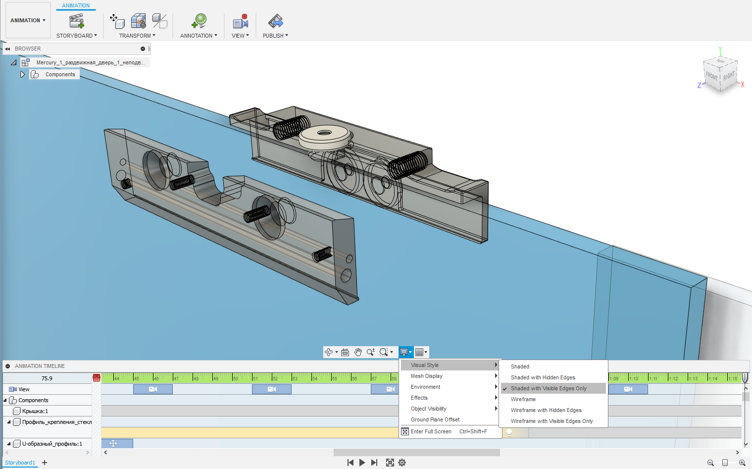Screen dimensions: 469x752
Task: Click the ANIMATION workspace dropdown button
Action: [x=28, y=20]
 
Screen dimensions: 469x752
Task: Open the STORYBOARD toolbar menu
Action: [x=76, y=36]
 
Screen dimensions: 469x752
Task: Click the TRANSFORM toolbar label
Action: [x=137, y=36]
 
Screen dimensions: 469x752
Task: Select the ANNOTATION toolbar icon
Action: [x=199, y=21]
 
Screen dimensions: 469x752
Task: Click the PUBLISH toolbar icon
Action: [x=275, y=21]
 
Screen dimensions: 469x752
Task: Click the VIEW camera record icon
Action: [x=240, y=21]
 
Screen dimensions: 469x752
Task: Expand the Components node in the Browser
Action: [x=22, y=74]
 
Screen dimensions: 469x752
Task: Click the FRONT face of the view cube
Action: [x=711, y=76]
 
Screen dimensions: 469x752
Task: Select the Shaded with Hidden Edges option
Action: [x=543, y=377]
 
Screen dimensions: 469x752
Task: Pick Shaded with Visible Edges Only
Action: [x=548, y=388]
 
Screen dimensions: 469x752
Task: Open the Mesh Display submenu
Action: [x=426, y=376]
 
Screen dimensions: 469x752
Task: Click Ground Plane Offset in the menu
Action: [x=435, y=419]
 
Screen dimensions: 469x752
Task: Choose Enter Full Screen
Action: [x=431, y=431]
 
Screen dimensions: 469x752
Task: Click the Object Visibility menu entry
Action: [x=428, y=409]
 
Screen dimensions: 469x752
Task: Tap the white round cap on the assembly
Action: [x=325, y=135]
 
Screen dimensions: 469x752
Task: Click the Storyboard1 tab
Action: [x=20, y=463]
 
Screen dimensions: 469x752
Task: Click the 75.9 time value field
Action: [x=47, y=378]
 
